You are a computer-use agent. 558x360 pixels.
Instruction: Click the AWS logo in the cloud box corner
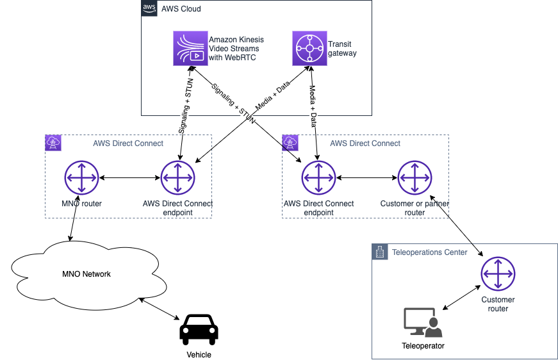pos(149,8)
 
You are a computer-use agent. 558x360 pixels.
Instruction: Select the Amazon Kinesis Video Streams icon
pos(190,48)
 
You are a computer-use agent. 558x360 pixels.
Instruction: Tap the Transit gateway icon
pos(309,48)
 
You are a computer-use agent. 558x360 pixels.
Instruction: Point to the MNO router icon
pos(81,177)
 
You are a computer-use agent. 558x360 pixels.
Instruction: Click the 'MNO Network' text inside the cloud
pos(86,274)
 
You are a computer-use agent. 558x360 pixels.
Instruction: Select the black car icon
pos(199,329)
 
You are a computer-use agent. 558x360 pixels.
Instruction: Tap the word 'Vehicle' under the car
pos(199,354)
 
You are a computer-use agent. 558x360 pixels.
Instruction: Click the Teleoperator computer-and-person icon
pos(423,323)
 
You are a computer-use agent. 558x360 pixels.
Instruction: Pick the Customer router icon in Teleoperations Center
pos(498,274)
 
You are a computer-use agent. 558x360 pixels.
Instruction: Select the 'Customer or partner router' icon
pos(414,177)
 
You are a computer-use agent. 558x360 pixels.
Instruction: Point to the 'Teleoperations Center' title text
pos(429,252)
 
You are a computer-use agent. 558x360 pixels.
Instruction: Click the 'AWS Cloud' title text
pos(180,9)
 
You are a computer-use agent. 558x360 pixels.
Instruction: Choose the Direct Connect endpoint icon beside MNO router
pos(177,177)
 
